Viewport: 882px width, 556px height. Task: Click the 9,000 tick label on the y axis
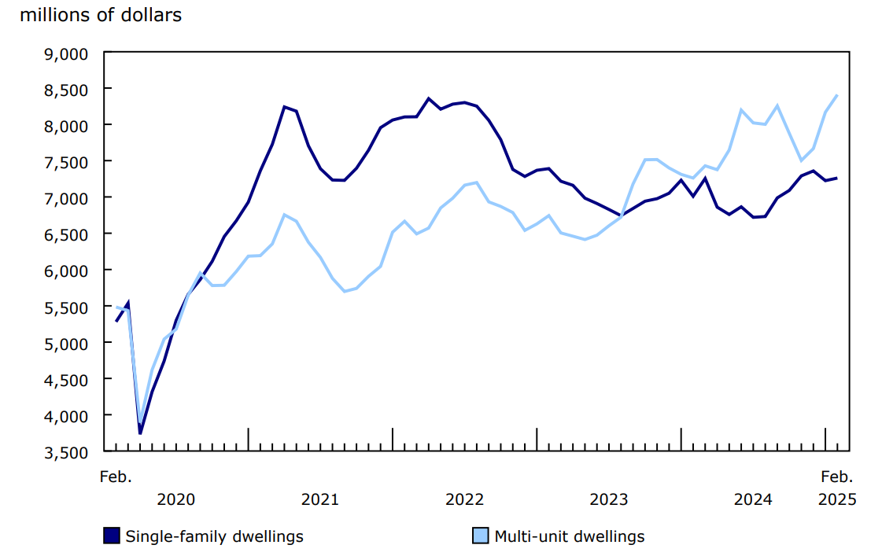coord(68,53)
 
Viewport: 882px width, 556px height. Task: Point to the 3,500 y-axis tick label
coord(68,451)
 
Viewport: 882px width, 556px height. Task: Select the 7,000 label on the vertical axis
coord(68,198)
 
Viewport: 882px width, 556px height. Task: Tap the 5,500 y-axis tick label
coord(68,307)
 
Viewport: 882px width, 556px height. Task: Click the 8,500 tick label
coord(68,90)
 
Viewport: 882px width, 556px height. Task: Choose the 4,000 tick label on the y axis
coord(68,415)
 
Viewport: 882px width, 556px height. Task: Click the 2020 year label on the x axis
coord(175,499)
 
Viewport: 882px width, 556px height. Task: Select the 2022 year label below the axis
coord(464,499)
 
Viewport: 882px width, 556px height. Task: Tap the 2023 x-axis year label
coord(608,499)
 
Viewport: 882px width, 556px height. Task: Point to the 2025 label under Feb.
coord(837,499)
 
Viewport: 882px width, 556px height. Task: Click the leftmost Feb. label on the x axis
coord(116,477)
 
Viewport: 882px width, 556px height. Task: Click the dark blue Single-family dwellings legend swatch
coord(112,536)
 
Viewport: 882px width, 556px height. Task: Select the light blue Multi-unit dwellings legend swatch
coord(480,536)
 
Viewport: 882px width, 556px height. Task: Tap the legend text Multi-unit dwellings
coord(569,536)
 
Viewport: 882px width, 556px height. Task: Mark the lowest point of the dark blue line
coord(140,433)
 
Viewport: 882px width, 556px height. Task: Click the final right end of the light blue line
coord(837,95)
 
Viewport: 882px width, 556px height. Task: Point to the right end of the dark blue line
coord(837,178)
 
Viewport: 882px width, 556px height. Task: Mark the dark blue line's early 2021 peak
coord(284,106)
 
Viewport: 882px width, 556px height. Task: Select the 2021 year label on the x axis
coord(319,499)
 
